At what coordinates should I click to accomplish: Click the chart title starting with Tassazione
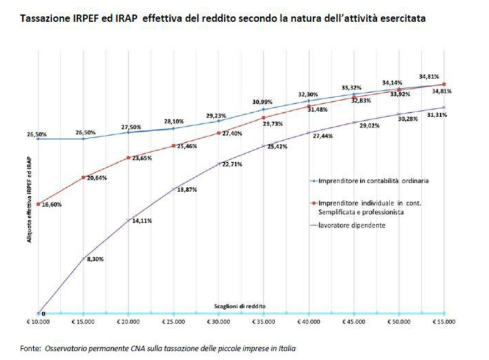tap(223, 19)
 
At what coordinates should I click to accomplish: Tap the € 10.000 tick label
tap(38, 322)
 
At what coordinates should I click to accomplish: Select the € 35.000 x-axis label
tap(264, 322)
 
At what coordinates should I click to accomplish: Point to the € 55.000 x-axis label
tap(443, 322)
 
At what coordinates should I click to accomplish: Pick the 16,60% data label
tap(52, 204)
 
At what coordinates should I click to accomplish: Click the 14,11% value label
tap(142, 221)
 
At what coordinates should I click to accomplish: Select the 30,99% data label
tap(264, 103)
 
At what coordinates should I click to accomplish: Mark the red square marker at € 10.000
tap(38, 204)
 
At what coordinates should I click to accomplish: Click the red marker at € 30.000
tap(219, 133)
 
